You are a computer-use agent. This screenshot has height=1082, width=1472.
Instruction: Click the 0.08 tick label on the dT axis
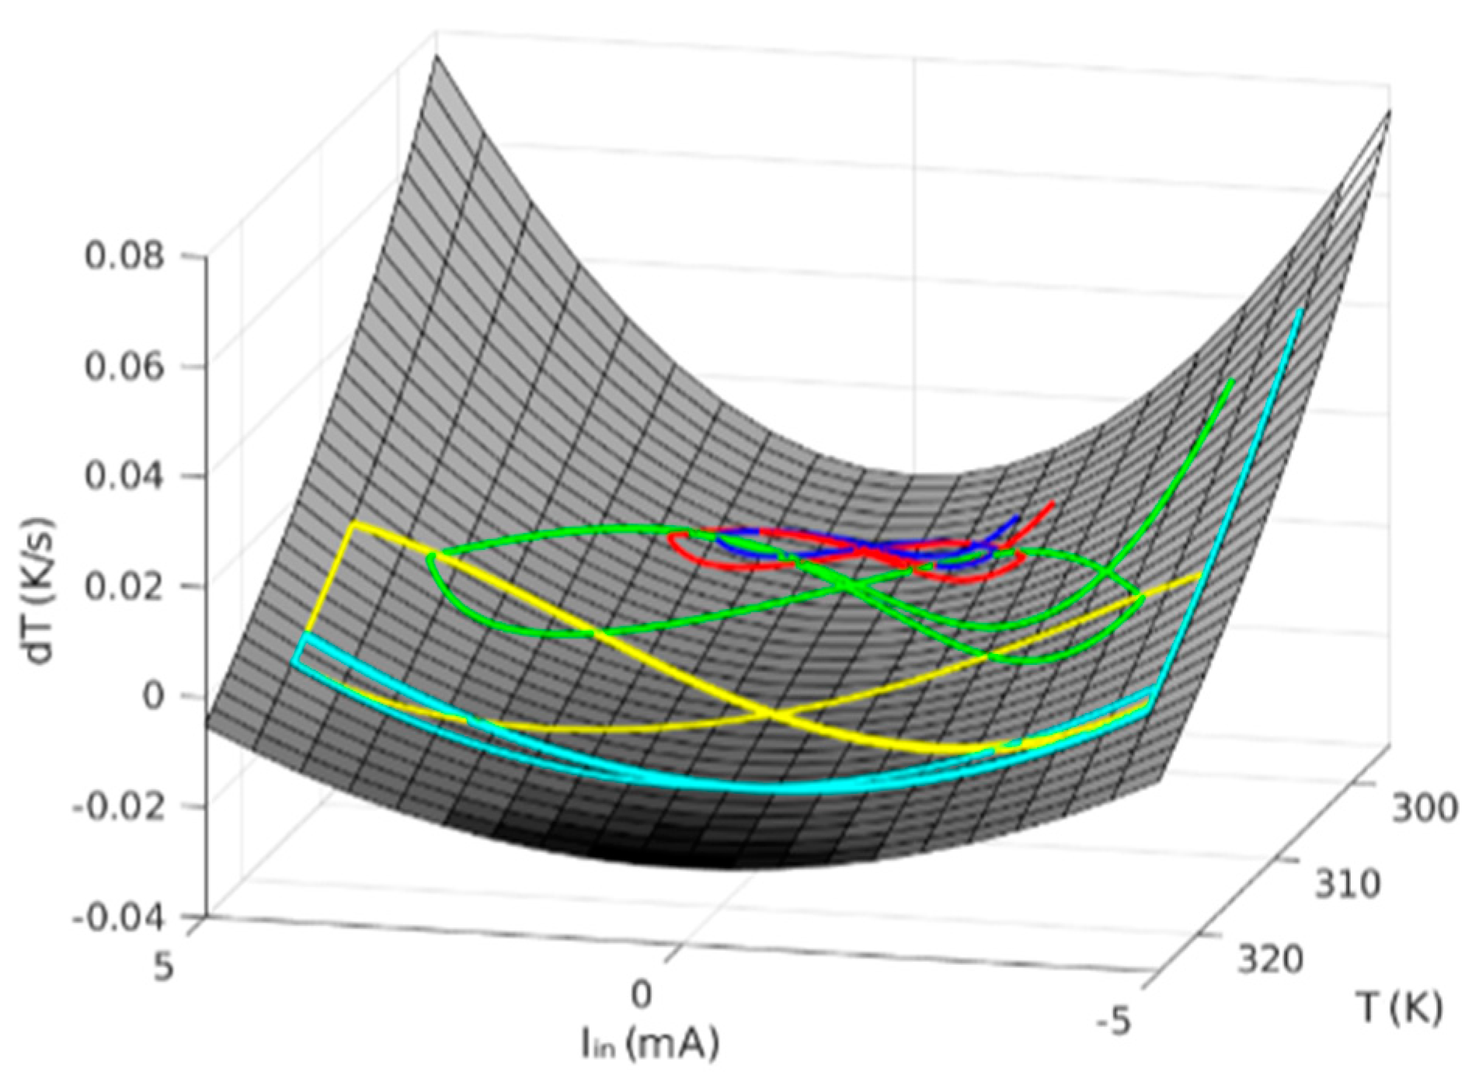click(x=124, y=256)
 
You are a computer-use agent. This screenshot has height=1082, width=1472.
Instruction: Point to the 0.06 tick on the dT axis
click(x=124, y=367)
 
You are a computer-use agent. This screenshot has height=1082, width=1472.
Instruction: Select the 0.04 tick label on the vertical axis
click(x=124, y=476)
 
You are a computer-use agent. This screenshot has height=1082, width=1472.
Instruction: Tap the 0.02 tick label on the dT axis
click(x=124, y=586)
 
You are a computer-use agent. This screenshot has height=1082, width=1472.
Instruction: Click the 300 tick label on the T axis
click(x=1423, y=808)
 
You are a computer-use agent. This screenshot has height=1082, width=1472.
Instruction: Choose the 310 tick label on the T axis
click(x=1347, y=884)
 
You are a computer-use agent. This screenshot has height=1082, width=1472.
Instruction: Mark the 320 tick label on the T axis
click(x=1270, y=961)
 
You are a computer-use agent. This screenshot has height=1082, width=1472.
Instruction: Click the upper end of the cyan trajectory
click(x=1301, y=309)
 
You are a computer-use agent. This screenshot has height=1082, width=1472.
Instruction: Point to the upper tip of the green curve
click(x=1233, y=381)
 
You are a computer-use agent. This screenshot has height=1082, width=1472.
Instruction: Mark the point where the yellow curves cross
click(x=773, y=711)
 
